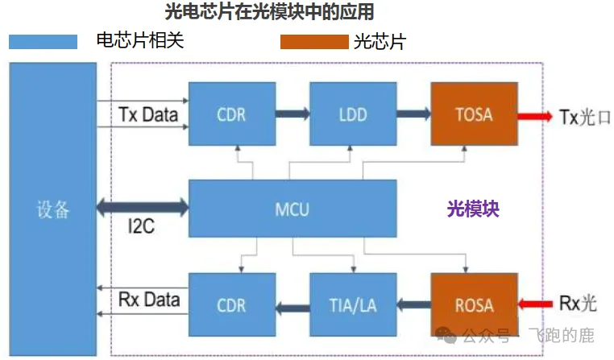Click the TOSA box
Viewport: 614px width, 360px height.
coord(473,114)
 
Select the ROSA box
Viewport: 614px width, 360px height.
coord(473,304)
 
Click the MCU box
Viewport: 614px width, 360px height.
coord(292,210)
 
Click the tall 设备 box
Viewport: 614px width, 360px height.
coord(53,209)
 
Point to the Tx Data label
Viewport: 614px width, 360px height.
coord(148,114)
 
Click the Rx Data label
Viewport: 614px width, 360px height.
coord(148,300)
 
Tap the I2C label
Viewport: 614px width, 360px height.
coord(141,228)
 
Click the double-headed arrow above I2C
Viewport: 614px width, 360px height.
coord(142,209)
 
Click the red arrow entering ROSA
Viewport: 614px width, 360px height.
coord(533,304)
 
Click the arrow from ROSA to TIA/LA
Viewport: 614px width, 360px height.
coord(413,304)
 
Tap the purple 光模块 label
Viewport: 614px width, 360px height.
coord(473,209)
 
